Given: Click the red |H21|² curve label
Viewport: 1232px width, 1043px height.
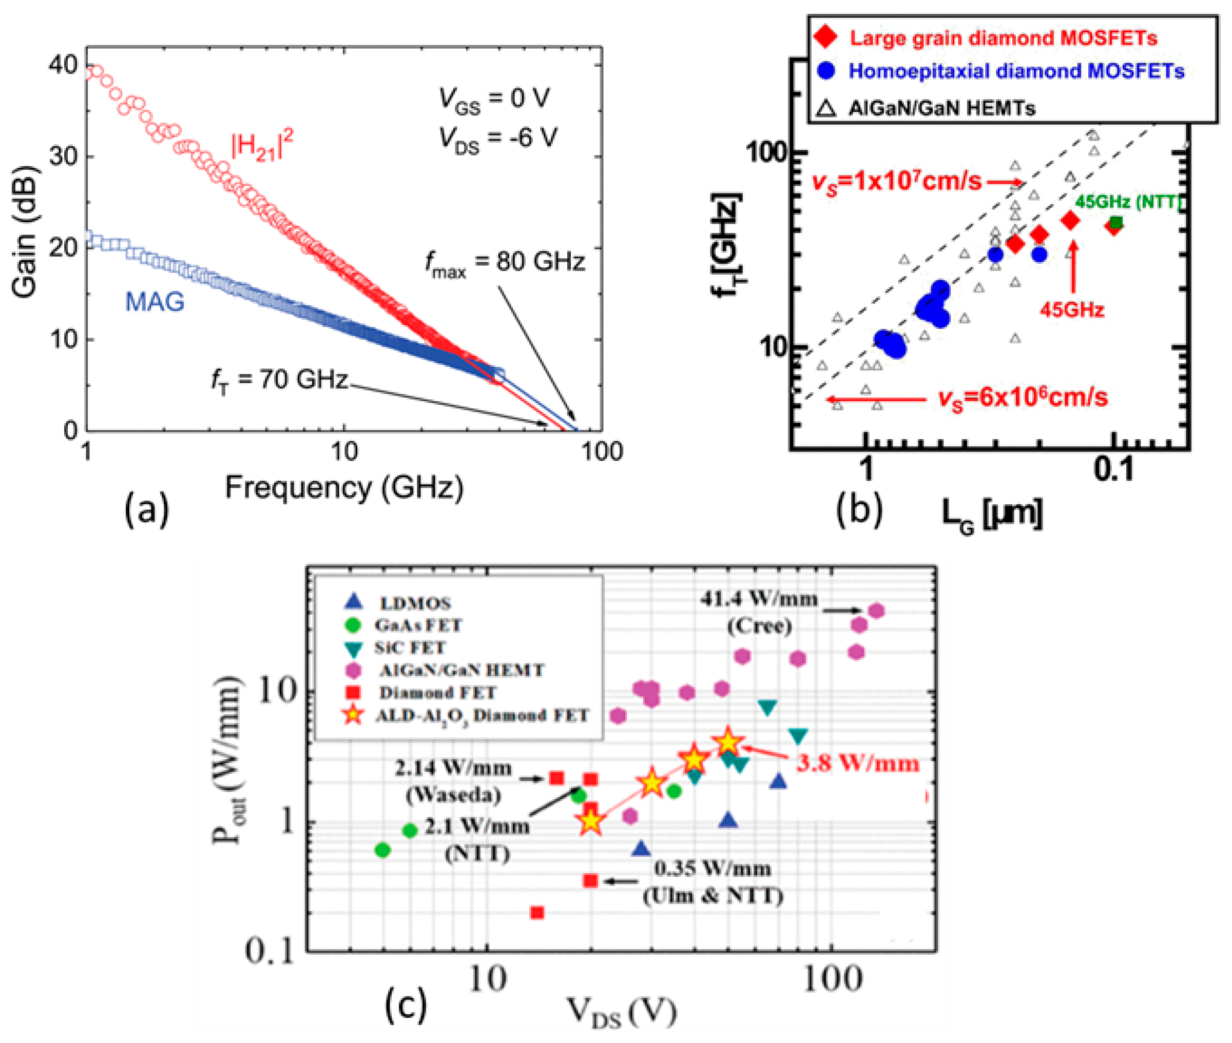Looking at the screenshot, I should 262,146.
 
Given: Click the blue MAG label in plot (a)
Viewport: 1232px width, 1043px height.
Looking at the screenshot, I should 155,302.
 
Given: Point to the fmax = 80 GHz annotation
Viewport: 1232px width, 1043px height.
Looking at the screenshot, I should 505,262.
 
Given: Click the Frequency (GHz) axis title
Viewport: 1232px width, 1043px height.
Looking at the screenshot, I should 343,488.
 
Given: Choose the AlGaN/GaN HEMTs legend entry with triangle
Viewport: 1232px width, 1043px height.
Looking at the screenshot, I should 940,108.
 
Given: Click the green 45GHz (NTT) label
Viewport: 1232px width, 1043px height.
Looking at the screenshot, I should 1127,202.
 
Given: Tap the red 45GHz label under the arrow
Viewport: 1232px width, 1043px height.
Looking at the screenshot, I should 1072,310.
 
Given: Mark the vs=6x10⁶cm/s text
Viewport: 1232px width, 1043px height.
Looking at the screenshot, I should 1023,397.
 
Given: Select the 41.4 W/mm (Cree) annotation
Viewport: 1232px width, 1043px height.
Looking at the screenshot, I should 759,613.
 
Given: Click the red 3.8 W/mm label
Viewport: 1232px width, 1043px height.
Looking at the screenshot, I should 857,763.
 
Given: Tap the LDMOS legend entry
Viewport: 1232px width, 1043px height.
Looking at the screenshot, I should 415,603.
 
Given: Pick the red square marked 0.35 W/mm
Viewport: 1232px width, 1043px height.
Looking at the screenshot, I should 590,881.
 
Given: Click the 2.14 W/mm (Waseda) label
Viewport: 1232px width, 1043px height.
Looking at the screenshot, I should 453,781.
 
